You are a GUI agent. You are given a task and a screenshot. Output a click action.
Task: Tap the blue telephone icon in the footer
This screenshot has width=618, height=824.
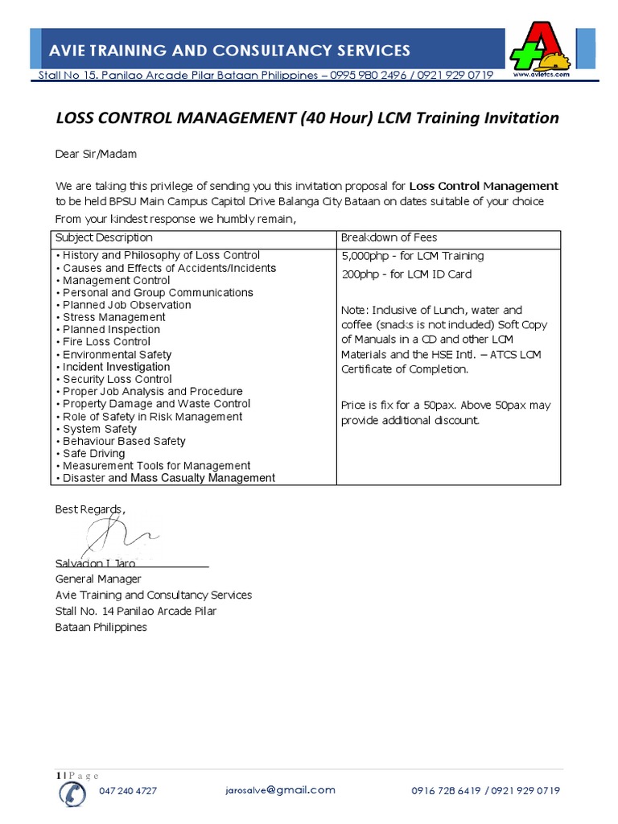tap(72, 792)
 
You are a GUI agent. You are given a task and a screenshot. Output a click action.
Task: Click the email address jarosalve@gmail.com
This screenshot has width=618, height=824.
tap(281, 789)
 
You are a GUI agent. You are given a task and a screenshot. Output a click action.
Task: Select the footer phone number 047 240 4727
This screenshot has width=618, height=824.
tap(128, 791)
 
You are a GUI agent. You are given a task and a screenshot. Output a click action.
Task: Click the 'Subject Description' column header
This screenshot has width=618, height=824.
tap(104, 238)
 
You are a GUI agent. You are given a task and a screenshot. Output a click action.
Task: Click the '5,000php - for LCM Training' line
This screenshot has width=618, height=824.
tap(413, 256)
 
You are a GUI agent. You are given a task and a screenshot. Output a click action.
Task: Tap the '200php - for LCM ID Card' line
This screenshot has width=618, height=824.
tap(406, 274)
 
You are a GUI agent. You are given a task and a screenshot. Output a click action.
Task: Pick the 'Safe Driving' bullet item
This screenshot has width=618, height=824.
tap(93, 454)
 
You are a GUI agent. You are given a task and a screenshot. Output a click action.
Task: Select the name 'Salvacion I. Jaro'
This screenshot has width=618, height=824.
tap(95, 563)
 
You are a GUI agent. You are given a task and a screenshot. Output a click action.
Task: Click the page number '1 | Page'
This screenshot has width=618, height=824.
tap(77, 775)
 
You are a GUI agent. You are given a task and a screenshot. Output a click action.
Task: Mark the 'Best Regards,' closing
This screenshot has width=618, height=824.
tap(90, 509)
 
